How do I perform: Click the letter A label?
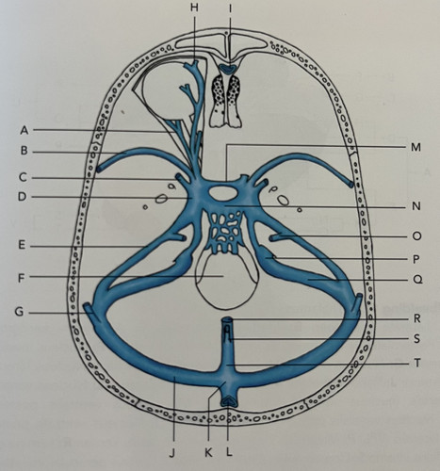tap(24, 130)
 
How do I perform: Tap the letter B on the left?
tap(24, 151)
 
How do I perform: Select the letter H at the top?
tap(194, 8)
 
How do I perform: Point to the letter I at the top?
tap(230, 8)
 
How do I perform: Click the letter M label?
tap(416, 147)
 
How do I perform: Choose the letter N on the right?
tap(416, 206)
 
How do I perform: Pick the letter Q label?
tap(416, 280)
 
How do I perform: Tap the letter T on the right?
tap(416, 364)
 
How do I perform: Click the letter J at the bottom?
tap(171, 453)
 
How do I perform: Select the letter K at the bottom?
tap(208, 453)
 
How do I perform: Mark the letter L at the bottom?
tap(229, 452)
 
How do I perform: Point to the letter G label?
tap(20, 313)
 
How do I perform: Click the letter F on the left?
tap(21, 278)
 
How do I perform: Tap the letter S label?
tap(416, 339)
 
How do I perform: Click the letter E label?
tap(22, 245)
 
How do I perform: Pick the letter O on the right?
tap(416, 235)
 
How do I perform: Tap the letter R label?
tap(416, 319)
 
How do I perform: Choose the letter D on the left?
tap(22, 197)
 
